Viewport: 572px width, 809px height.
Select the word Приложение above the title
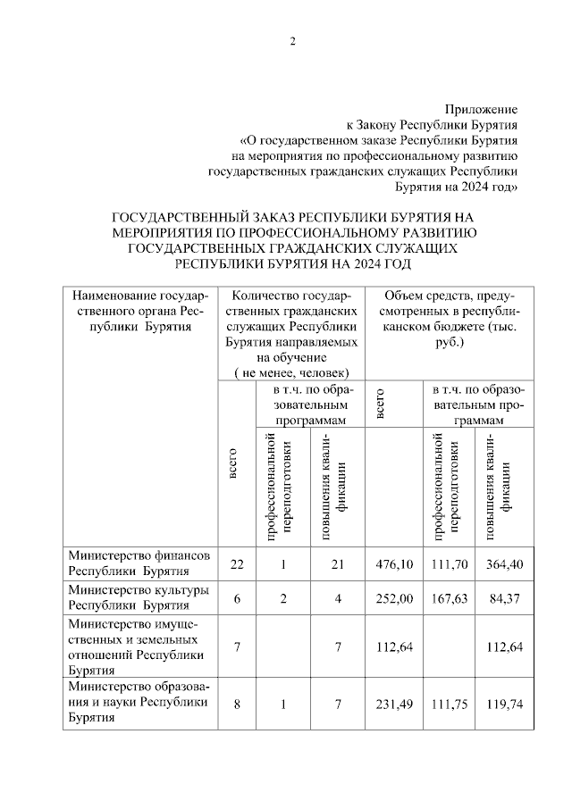coord(482,108)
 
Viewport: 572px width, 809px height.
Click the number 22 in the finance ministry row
coord(236,563)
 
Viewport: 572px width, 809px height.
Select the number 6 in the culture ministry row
coord(236,598)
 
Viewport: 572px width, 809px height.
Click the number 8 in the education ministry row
coord(236,705)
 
